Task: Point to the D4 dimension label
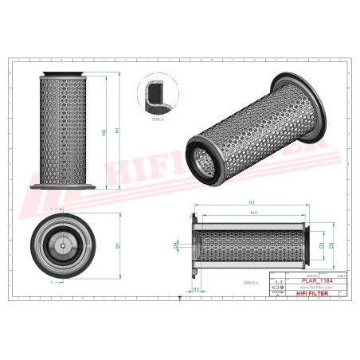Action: (x=176, y=246)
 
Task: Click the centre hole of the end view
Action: (x=61, y=245)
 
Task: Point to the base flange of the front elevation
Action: (x=63, y=188)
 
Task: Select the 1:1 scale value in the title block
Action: (x=277, y=283)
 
